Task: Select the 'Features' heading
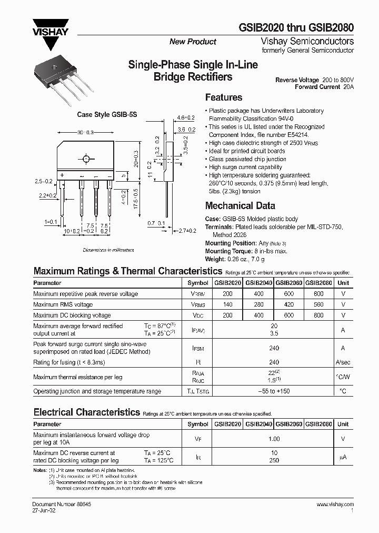pyautogui.click(x=223, y=97)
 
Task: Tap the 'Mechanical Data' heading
pyautogui.click(x=240, y=206)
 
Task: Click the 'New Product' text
pyautogui.click(x=193, y=42)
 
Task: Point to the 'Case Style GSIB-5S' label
pyautogui.click(x=107, y=114)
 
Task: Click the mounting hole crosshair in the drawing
pyautogui.click(x=85, y=158)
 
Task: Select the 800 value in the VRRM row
pyautogui.click(x=318, y=294)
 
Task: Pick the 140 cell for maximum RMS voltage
pyautogui.click(x=227, y=304)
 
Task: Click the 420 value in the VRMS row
pyautogui.click(x=288, y=304)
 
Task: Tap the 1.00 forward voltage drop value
pyautogui.click(x=273, y=439)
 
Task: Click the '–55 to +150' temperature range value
pyautogui.click(x=273, y=391)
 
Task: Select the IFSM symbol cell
pyautogui.click(x=198, y=348)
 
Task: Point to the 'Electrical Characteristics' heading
pyautogui.click(x=87, y=412)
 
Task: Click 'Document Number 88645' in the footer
pyautogui.click(x=59, y=504)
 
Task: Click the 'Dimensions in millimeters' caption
pyautogui.click(x=108, y=250)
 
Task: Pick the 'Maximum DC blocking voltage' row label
pyautogui.click(x=72, y=315)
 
